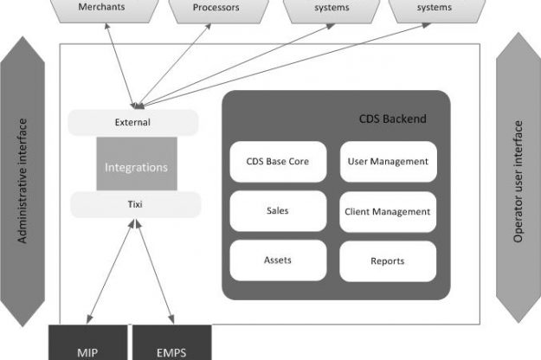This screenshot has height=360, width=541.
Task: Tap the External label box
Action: click(132, 122)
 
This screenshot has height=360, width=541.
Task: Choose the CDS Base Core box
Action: click(278, 162)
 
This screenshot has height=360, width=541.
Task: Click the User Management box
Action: click(387, 162)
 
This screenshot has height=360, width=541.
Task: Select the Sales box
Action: click(278, 211)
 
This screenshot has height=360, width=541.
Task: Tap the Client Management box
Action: click(387, 211)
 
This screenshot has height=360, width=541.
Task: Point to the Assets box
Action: click(278, 260)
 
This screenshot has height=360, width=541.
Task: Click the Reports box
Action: click(387, 260)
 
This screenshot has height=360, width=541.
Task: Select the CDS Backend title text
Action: click(392, 119)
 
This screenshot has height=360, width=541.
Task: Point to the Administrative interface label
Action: click(24, 180)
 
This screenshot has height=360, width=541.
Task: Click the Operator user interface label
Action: click(518, 180)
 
